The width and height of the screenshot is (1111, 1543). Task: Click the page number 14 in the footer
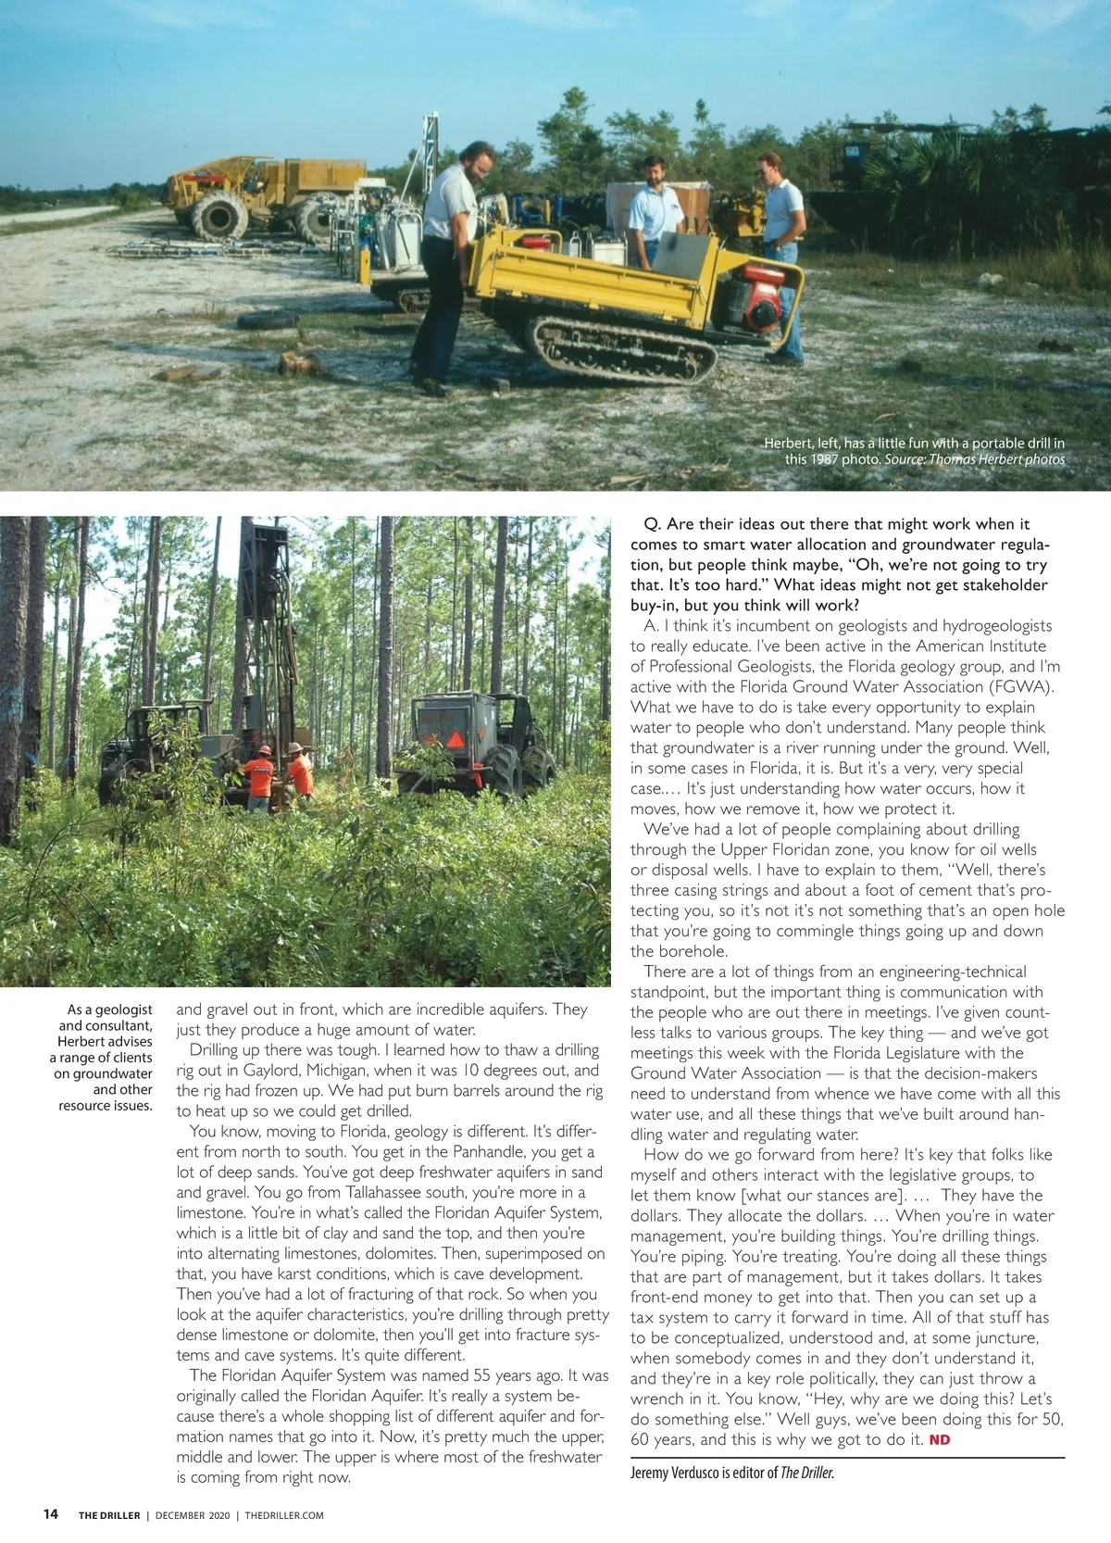[x=50, y=1514]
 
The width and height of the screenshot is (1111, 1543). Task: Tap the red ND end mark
[x=939, y=1439]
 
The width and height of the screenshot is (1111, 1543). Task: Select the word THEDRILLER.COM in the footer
[x=284, y=1515]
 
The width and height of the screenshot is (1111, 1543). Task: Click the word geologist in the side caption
[x=122, y=1010]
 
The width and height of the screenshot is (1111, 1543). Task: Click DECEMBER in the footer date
[x=181, y=1515]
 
